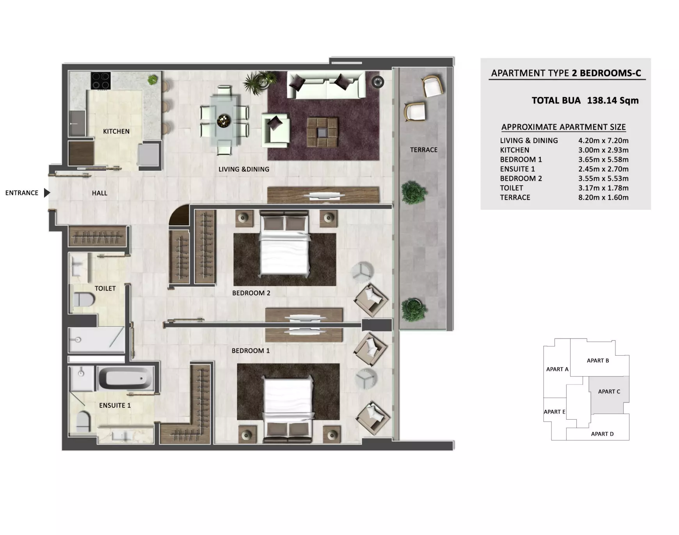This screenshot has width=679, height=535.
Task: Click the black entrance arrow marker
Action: click(47, 193)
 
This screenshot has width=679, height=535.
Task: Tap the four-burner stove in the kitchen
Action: click(101, 81)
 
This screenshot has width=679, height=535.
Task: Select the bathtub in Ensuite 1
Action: click(125, 378)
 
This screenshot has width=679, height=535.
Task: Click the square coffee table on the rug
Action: click(322, 132)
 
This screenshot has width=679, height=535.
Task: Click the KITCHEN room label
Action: click(116, 131)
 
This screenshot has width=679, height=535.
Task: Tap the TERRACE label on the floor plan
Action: click(424, 150)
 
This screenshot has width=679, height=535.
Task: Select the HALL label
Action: click(100, 193)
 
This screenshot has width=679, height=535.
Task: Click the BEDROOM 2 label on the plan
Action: click(251, 293)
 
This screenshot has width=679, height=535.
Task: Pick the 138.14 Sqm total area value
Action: click(613, 101)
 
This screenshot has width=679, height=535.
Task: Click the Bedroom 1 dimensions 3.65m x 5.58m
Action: click(603, 159)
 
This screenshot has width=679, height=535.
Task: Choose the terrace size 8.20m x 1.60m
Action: click(603, 197)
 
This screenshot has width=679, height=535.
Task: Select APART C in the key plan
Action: click(609, 392)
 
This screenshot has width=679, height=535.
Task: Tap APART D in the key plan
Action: click(602, 434)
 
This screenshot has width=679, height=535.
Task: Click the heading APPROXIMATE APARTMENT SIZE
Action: click(563, 127)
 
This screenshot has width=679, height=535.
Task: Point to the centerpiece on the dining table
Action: click(224, 120)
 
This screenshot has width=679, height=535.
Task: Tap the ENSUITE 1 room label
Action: click(115, 406)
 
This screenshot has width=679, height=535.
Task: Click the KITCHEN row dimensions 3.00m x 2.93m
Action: click(603, 150)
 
